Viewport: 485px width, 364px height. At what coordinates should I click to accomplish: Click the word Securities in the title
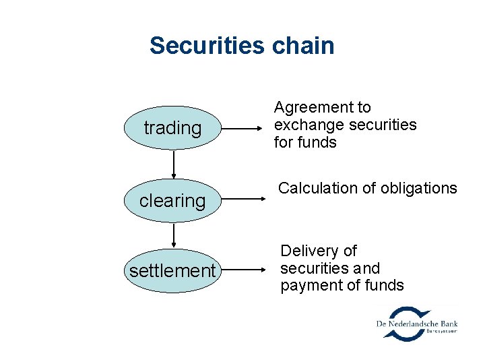(207, 46)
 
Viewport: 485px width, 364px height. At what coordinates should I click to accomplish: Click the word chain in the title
(303, 46)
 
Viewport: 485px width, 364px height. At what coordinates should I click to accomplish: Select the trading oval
(172, 128)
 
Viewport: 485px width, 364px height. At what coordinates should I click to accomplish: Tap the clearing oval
(172, 200)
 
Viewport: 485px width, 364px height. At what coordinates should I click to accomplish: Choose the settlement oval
(172, 271)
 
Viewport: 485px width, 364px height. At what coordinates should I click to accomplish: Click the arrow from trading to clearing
(174, 164)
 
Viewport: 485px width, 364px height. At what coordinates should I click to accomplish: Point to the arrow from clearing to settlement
(174, 235)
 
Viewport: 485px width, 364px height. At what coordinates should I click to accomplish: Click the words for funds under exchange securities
(304, 142)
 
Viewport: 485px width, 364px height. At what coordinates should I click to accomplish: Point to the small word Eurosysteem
(442, 332)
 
